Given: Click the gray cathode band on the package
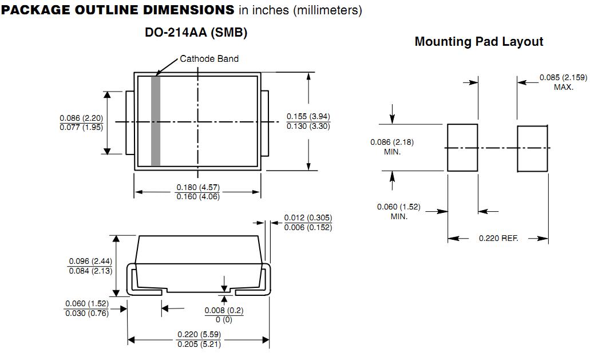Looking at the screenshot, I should click(x=155, y=121).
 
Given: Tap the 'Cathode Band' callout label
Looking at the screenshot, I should click(x=209, y=58).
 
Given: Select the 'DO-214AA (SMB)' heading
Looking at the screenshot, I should click(x=196, y=33).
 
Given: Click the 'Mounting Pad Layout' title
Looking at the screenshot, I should click(x=479, y=42).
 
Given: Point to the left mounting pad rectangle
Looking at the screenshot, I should click(x=462, y=148).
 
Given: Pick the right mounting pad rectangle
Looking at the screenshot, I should click(x=532, y=148).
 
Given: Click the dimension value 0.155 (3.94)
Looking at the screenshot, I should click(x=308, y=117).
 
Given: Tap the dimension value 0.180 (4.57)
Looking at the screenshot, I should click(x=198, y=188).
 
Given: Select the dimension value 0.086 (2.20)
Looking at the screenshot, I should click(x=81, y=117).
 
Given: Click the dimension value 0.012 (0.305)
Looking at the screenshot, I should click(x=308, y=218).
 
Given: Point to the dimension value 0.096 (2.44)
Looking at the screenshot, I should click(x=90, y=261).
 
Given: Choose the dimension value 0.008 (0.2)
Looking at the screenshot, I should click(x=224, y=310).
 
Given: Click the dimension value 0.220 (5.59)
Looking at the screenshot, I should click(x=199, y=335).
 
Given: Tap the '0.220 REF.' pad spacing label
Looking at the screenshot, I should click(x=498, y=238).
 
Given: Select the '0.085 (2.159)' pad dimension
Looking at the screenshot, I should click(x=563, y=78).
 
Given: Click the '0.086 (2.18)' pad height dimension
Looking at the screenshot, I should click(x=392, y=143).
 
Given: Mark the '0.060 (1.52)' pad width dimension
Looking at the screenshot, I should click(x=399, y=207).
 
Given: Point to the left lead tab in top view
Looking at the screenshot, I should click(x=130, y=122).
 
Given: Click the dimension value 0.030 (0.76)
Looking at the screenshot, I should click(x=87, y=313).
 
